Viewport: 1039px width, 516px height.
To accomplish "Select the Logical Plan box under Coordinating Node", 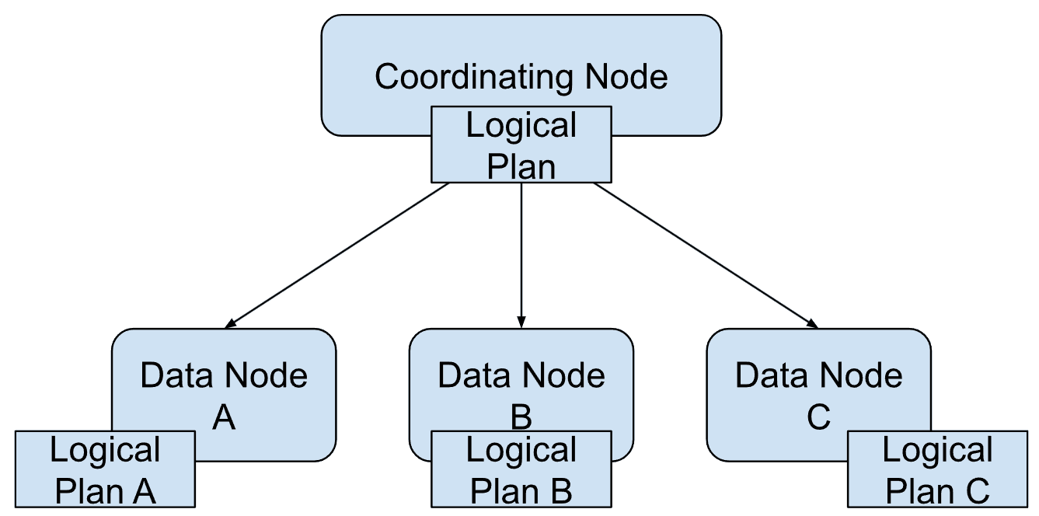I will click(x=521, y=145).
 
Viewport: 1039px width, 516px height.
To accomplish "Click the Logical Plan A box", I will click(x=105, y=470).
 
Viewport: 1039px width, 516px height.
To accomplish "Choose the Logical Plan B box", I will click(x=521, y=470).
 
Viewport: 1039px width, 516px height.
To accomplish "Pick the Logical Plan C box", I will click(x=937, y=470).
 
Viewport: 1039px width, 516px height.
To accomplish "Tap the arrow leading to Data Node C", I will click(x=706, y=253).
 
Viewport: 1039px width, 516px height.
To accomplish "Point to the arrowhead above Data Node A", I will click(x=230, y=322).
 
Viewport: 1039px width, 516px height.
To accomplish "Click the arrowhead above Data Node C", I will click(x=813, y=322).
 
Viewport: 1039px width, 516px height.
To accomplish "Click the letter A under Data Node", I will click(x=224, y=418).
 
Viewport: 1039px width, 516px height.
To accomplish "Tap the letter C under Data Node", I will click(x=818, y=418).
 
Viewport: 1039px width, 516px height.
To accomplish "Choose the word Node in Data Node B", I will click(x=567, y=376).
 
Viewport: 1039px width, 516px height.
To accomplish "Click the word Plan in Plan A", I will click(x=83, y=491).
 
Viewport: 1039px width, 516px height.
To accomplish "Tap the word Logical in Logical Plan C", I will click(x=937, y=451).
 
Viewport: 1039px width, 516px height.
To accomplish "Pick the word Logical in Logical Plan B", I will click(x=521, y=451).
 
